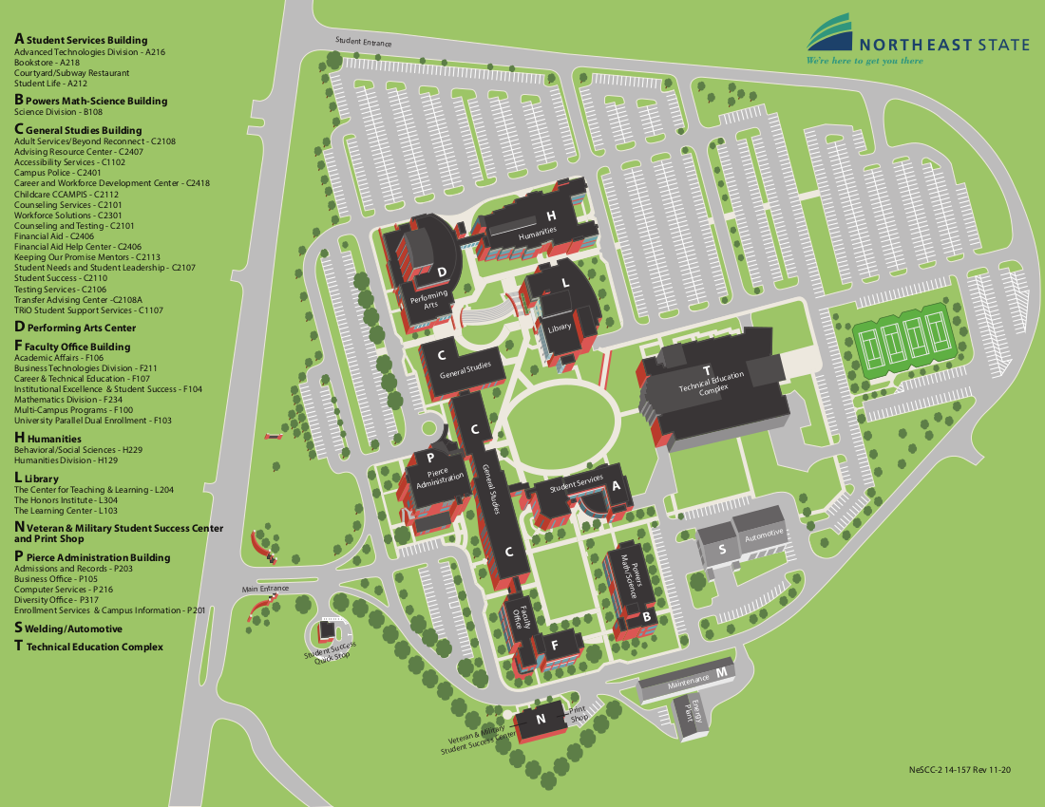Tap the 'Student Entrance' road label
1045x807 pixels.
point(363,41)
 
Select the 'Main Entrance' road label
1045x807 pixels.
point(265,589)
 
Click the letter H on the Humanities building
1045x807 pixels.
point(550,216)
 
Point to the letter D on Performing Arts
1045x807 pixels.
point(442,272)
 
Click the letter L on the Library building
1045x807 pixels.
point(565,282)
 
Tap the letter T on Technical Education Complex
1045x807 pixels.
point(707,370)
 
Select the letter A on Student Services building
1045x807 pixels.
point(616,484)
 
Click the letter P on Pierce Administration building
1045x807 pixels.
point(429,458)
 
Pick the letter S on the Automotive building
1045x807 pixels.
point(722,548)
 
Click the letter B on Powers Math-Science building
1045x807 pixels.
point(646,615)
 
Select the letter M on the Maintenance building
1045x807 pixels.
point(722,672)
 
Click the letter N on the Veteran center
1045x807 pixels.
point(541,720)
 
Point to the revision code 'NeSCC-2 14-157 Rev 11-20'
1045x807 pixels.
point(959,770)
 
